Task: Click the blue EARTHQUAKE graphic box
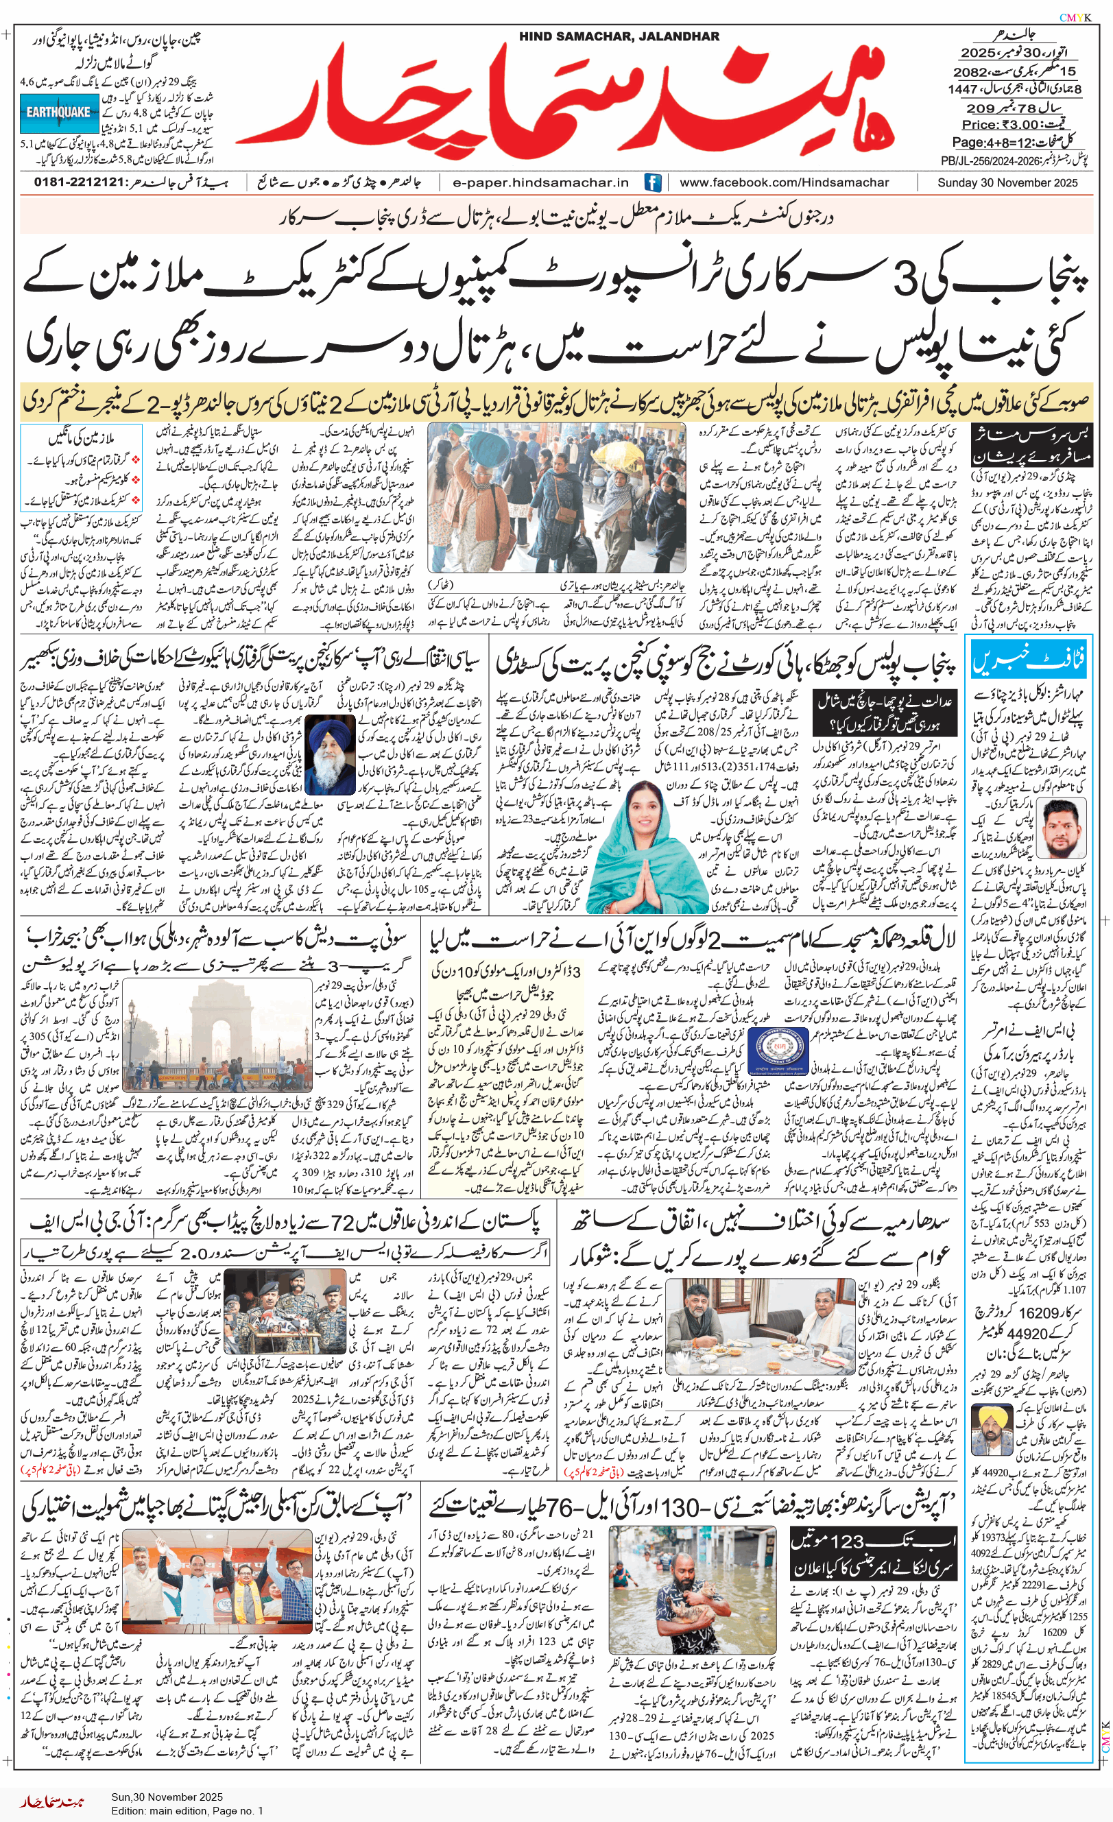pyautogui.click(x=58, y=113)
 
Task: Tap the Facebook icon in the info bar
pyautogui.click(x=652, y=182)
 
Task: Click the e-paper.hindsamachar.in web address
pyautogui.click(x=540, y=182)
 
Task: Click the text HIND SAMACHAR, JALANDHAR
pyautogui.click(x=619, y=36)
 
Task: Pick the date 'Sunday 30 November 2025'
pyautogui.click(x=1007, y=182)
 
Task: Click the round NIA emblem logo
pyautogui.click(x=777, y=1049)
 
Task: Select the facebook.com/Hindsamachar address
pyautogui.click(x=784, y=182)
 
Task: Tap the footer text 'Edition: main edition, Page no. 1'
pyautogui.click(x=187, y=1810)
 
